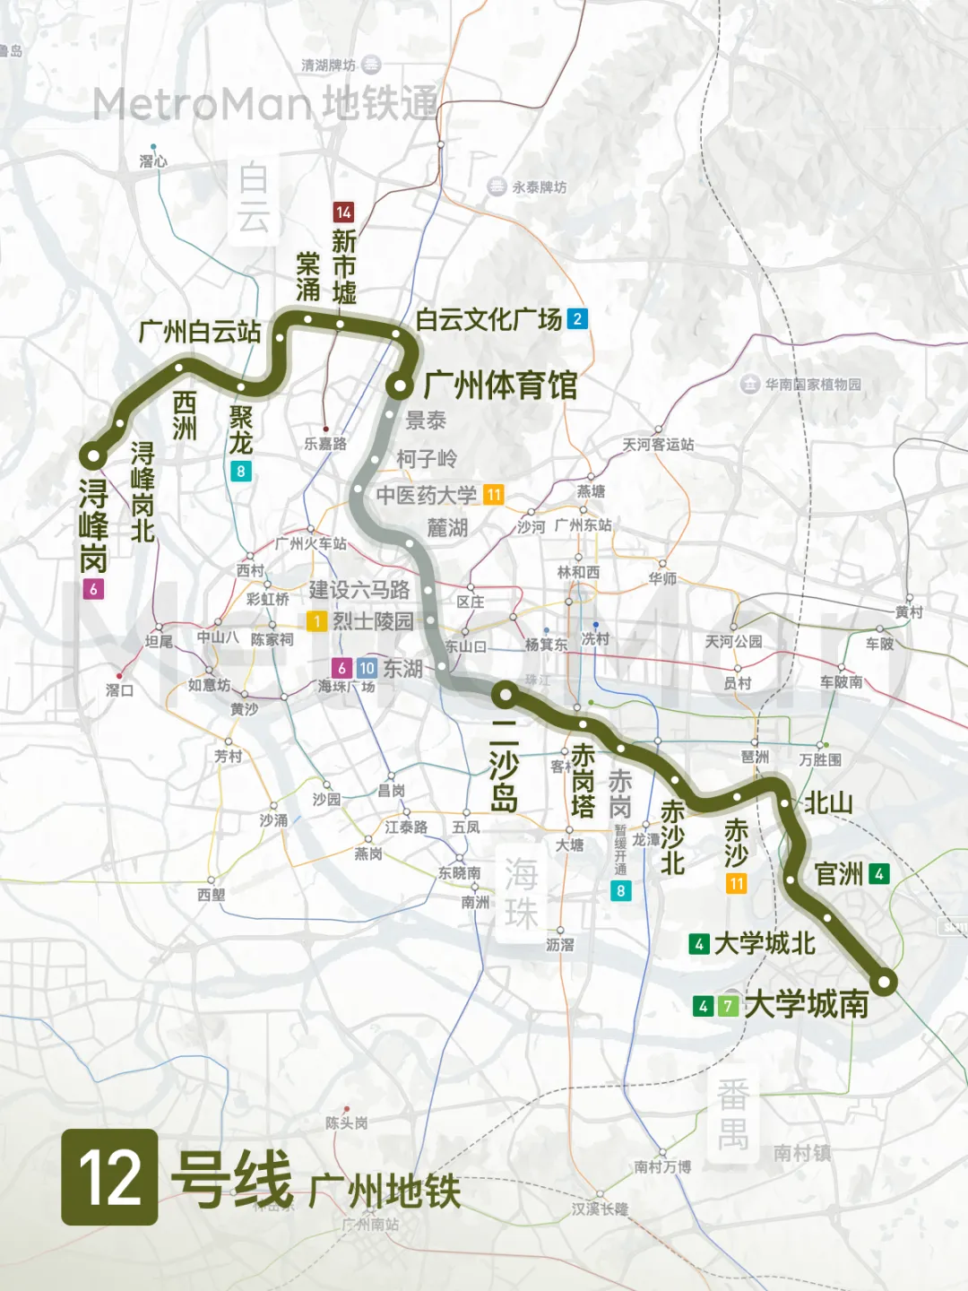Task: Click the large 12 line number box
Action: point(109,1176)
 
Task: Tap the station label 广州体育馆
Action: point(500,386)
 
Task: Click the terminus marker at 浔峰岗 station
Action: point(92,455)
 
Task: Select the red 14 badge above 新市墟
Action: point(343,212)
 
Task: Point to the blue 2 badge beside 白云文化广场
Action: point(578,318)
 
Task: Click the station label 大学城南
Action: point(806,1004)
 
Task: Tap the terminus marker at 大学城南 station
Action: point(885,982)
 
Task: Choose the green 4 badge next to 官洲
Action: point(879,873)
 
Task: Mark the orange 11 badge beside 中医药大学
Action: point(494,495)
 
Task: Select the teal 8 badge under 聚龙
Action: point(240,471)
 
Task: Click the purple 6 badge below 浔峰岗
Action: point(92,589)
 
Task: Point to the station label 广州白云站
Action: point(199,332)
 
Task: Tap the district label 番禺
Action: point(732,1114)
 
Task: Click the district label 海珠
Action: point(521,893)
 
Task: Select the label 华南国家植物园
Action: point(812,385)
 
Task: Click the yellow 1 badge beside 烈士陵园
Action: point(315,620)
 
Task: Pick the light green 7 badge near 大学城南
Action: point(729,1006)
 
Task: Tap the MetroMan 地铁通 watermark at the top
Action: point(265,104)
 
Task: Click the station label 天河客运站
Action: point(658,445)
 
